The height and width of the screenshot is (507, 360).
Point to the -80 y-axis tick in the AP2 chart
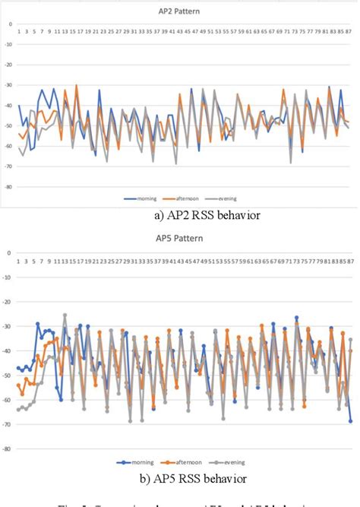(x=10, y=186)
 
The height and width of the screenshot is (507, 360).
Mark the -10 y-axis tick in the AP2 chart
(x=10, y=44)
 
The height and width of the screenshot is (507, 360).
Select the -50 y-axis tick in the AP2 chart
(x=10, y=125)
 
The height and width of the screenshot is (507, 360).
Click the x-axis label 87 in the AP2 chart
(x=349, y=33)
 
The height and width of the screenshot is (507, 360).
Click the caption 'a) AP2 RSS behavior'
(x=207, y=216)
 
